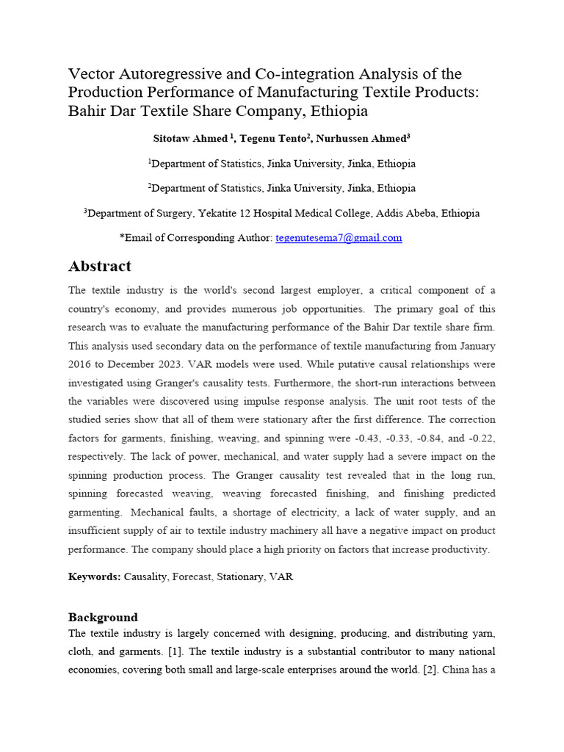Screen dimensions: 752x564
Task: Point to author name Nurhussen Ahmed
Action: (x=361, y=138)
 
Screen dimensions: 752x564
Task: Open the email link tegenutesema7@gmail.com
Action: (x=339, y=237)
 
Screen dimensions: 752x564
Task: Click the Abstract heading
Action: (x=100, y=266)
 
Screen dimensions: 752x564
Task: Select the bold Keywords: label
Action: (x=94, y=577)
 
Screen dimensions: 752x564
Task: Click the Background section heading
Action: (x=103, y=617)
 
